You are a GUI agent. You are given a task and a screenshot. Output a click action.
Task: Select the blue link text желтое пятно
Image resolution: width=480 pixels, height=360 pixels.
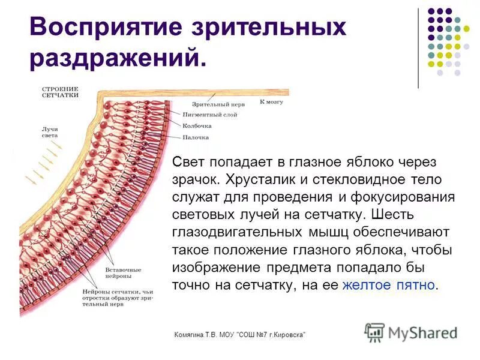pos(389,285)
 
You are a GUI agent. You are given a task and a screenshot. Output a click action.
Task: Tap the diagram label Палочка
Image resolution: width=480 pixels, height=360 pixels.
pos(196,137)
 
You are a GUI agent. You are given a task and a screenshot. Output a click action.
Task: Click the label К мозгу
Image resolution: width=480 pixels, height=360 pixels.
pos(271,102)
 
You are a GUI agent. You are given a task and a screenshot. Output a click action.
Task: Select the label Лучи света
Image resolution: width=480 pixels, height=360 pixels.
pos(50,133)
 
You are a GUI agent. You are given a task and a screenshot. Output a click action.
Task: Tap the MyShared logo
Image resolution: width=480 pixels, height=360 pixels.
pos(411,332)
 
